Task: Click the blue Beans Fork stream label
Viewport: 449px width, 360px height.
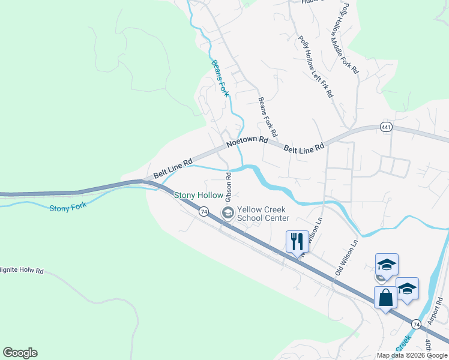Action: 220,78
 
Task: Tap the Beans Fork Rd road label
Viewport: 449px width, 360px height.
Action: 267,116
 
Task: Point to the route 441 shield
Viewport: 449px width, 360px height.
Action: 386,127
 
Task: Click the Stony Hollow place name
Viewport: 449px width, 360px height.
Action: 199,195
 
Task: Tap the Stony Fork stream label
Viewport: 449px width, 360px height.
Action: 68,207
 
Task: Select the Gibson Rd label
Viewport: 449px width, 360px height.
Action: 229,187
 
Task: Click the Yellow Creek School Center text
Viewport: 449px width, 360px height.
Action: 262,214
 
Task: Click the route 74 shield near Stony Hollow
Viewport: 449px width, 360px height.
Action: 204,212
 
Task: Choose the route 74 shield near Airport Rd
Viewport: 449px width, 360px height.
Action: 415,323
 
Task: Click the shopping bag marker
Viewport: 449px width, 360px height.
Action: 385,298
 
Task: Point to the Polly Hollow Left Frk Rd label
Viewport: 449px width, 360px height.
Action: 316,66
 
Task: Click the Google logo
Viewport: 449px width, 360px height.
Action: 20,353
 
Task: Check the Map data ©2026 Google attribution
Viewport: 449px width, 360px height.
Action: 412,355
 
